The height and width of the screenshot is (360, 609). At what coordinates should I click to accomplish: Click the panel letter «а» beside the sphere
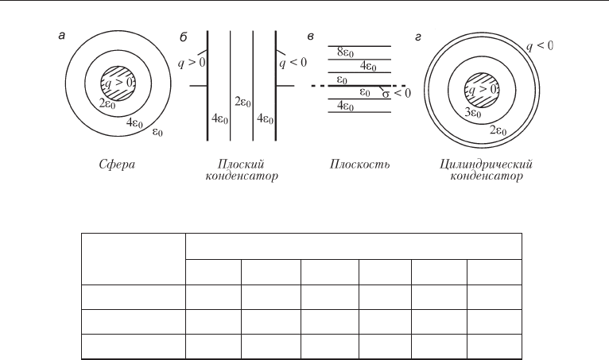point(62,36)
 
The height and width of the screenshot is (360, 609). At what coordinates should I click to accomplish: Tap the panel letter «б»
point(184,37)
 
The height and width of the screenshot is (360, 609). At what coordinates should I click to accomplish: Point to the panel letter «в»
point(310,37)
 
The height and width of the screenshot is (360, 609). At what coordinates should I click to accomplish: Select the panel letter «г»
point(418,37)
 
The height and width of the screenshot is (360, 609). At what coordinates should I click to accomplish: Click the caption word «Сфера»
point(117,165)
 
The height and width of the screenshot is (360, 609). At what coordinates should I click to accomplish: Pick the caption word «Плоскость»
point(359,165)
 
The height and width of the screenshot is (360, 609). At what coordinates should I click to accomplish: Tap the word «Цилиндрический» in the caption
point(486,165)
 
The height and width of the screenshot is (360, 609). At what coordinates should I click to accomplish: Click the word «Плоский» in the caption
point(241,164)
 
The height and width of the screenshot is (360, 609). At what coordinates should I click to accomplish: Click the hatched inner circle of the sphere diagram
point(118,83)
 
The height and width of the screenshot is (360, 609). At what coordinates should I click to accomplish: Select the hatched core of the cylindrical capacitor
point(482,90)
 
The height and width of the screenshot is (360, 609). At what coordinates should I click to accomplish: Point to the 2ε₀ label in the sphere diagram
point(107,104)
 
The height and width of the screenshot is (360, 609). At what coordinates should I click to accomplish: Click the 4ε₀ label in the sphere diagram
point(134,123)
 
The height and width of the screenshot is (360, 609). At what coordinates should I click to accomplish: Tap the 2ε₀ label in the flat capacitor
point(242,103)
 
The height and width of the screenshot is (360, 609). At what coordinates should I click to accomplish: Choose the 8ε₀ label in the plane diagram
point(345,52)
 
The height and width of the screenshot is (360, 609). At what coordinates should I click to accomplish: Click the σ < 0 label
point(396,93)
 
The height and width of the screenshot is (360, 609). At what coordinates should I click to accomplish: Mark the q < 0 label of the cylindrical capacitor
point(540,46)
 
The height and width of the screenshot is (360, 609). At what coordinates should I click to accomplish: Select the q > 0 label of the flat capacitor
point(192,63)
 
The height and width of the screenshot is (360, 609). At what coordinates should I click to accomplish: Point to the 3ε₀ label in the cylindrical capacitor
point(473,113)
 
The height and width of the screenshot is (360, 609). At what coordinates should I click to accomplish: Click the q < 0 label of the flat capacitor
point(293,63)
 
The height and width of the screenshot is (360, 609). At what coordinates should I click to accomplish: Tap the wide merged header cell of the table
point(354,246)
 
